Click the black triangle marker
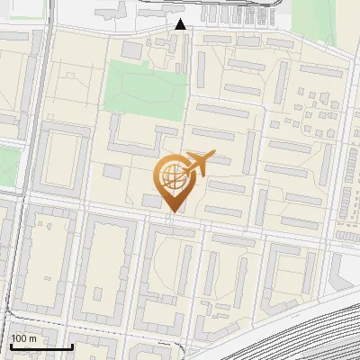pos(181,24)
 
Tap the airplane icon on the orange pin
pos(196,164)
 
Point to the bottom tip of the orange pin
pos(173,212)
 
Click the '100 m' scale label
pos(24,338)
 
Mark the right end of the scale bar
pos(73,346)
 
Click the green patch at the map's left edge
pos(7,166)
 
